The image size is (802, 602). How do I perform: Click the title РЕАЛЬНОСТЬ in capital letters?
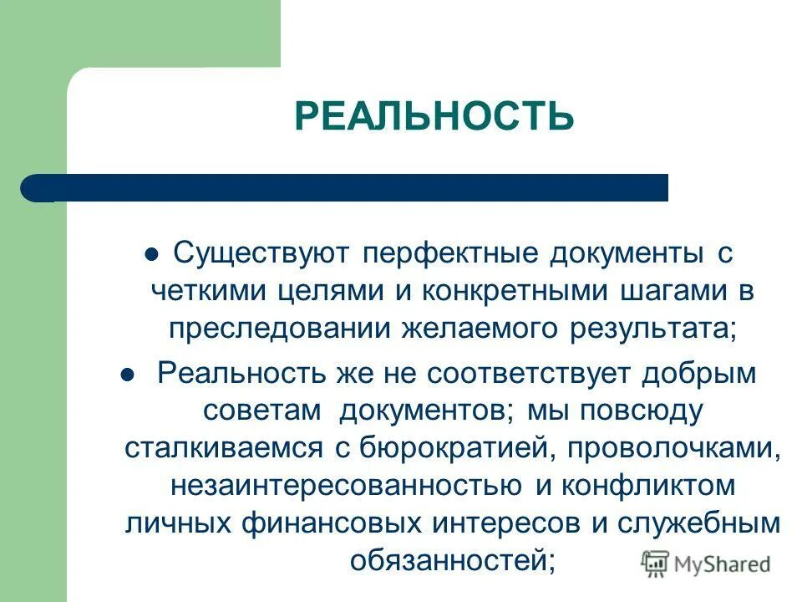pos(434,116)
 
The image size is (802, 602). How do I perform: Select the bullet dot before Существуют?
pos(151,255)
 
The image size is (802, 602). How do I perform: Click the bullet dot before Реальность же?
pos(128,376)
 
